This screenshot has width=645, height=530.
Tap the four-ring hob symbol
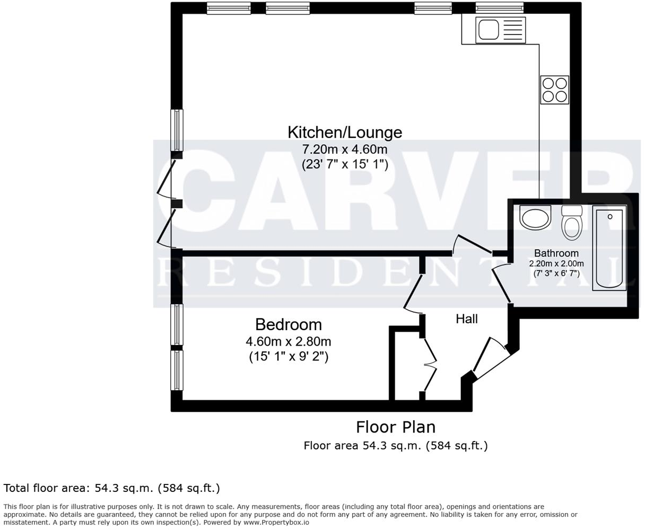554,90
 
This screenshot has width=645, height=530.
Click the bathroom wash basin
535,217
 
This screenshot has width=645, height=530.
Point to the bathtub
609,248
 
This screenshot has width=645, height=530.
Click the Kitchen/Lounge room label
345,132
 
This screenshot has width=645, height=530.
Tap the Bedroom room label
288,324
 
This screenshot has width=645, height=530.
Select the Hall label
467,319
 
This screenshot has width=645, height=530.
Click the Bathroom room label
556,253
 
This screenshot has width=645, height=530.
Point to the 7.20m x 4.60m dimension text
345,149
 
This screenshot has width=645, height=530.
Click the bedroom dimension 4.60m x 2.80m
288,341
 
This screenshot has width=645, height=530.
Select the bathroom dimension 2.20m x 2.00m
556,263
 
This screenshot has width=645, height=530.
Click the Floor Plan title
395,427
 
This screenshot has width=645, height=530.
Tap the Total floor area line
112,488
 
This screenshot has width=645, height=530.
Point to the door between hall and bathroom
502,284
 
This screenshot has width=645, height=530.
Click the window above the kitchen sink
499,8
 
